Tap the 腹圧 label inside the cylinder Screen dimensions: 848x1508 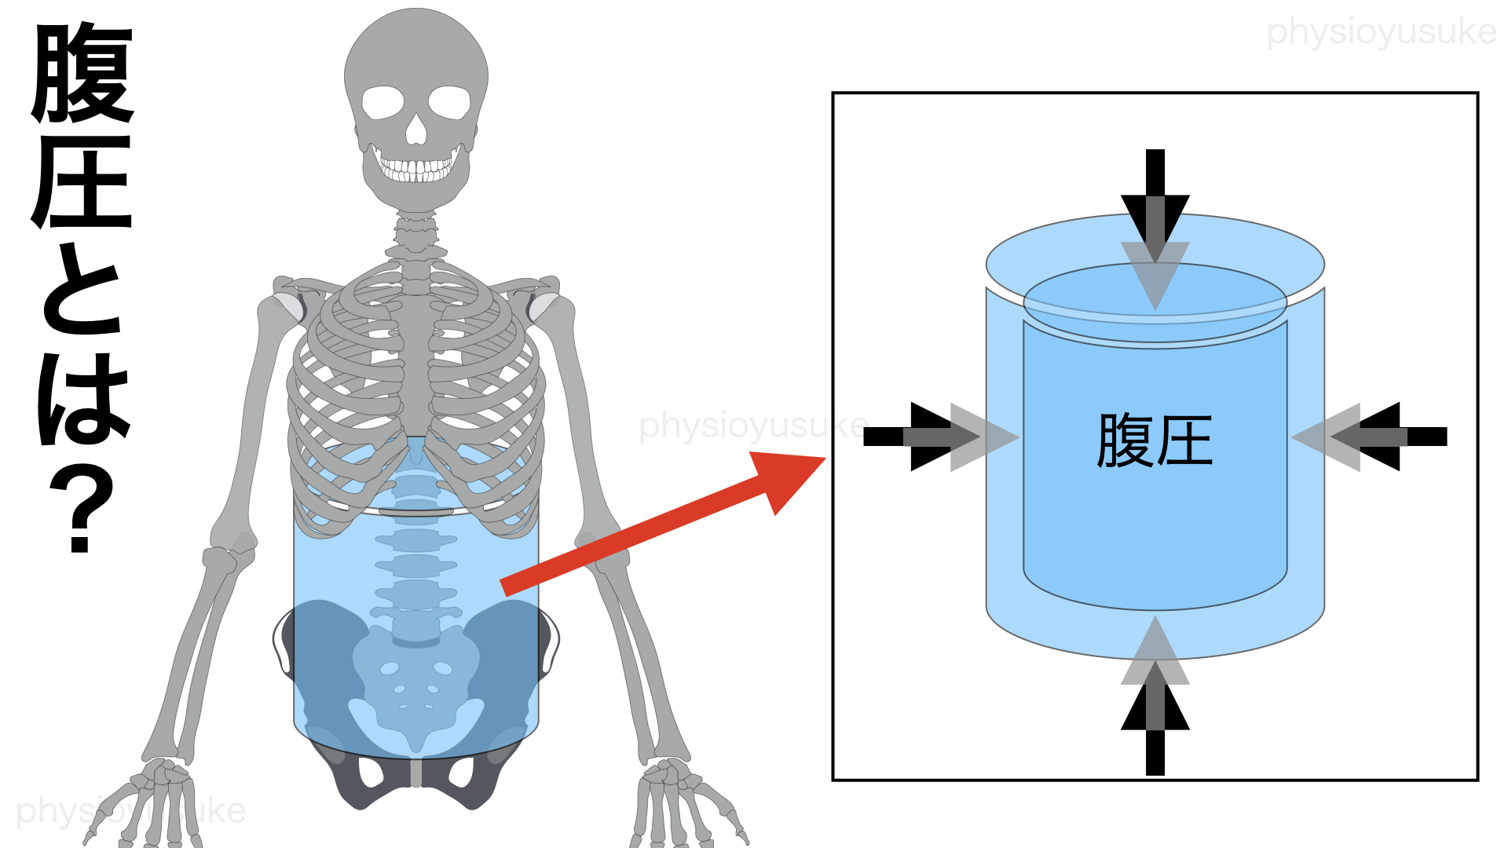(x=1154, y=440)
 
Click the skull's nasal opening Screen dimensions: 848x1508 (x=415, y=130)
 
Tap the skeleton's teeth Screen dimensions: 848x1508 (x=416, y=169)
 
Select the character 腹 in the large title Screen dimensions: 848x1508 (x=83, y=74)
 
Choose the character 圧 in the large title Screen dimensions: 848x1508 (x=83, y=183)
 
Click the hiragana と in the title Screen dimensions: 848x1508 (x=82, y=291)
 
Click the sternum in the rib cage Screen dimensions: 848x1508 (x=415, y=353)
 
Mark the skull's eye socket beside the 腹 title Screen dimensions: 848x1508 (x=382, y=102)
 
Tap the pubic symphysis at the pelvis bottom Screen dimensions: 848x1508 (x=416, y=773)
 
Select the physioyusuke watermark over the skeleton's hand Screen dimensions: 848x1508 (x=130, y=811)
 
